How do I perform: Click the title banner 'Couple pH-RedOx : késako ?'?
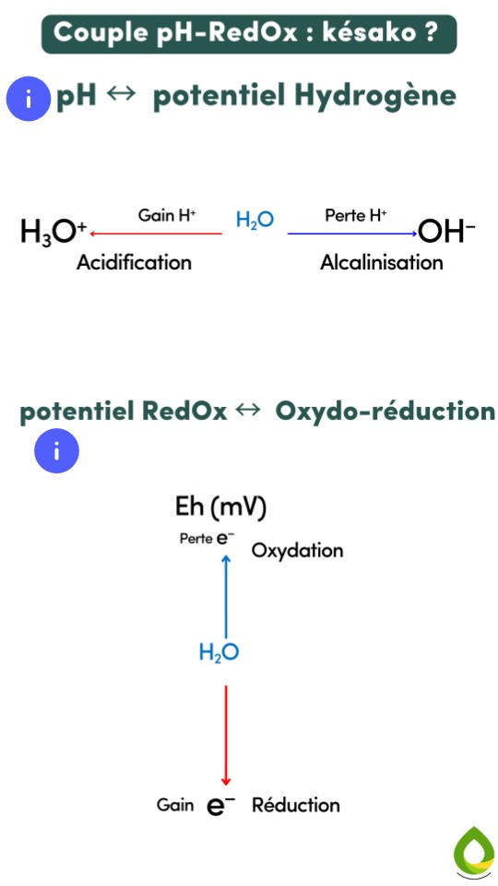(249, 33)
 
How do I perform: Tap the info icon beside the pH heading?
(30, 99)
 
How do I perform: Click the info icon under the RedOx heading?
(56, 452)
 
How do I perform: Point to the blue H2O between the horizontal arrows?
(255, 221)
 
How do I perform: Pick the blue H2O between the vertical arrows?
(219, 653)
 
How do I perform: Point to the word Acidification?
(135, 263)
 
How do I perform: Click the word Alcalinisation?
(382, 263)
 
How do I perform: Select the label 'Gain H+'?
(167, 216)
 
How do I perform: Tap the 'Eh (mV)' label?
(220, 507)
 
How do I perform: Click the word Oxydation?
(297, 551)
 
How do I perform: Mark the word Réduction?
(295, 805)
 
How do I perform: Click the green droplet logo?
(474, 851)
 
